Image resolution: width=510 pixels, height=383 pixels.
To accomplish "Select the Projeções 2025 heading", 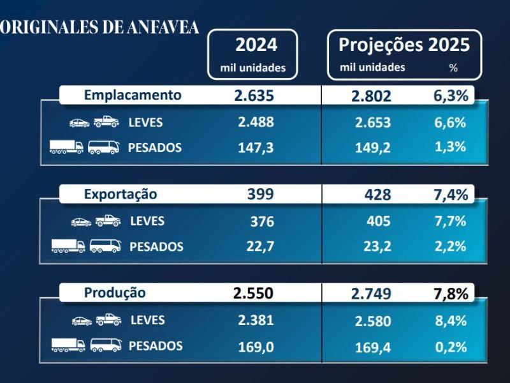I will pyautogui.click(x=404, y=45).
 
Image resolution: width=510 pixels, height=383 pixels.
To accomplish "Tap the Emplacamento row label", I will pyautogui.click(x=133, y=96).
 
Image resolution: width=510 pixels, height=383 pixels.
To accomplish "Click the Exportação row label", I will pyautogui.click(x=120, y=194).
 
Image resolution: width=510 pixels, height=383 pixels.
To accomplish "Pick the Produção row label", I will pyautogui.click(x=115, y=293).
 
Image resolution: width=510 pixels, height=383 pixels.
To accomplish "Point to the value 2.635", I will pyautogui.click(x=254, y=96).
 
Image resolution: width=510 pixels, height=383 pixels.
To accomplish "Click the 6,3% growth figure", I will pyautogui.click(x=451, y=96).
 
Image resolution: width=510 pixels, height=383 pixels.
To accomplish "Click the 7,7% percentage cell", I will pyautogui.click(x=450, y=222).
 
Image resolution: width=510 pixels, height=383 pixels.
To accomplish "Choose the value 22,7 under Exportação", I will pyautogui.click(x=260, y=246).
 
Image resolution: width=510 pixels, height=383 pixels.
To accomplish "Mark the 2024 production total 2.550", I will pyautogui.click(x=253, y=294).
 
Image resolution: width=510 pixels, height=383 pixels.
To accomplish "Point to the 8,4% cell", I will pyautogui.click(x=450, y=320).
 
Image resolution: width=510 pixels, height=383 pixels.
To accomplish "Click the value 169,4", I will pyautogui.click(x=373, y=347).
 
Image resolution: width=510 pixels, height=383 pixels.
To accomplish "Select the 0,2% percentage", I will pyautogui.click(x=450, y=347).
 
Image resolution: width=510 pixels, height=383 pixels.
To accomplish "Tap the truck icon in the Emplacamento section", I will pyautogui.click(x=66, y=147).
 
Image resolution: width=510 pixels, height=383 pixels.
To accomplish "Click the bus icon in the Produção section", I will pyautogui.click(x=106, y=345).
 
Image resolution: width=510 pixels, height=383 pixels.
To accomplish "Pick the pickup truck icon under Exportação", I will pyautogui.click(x=108, y=221).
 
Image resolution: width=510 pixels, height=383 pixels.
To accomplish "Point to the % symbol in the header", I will pyautogui.click(x=453, y=68).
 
